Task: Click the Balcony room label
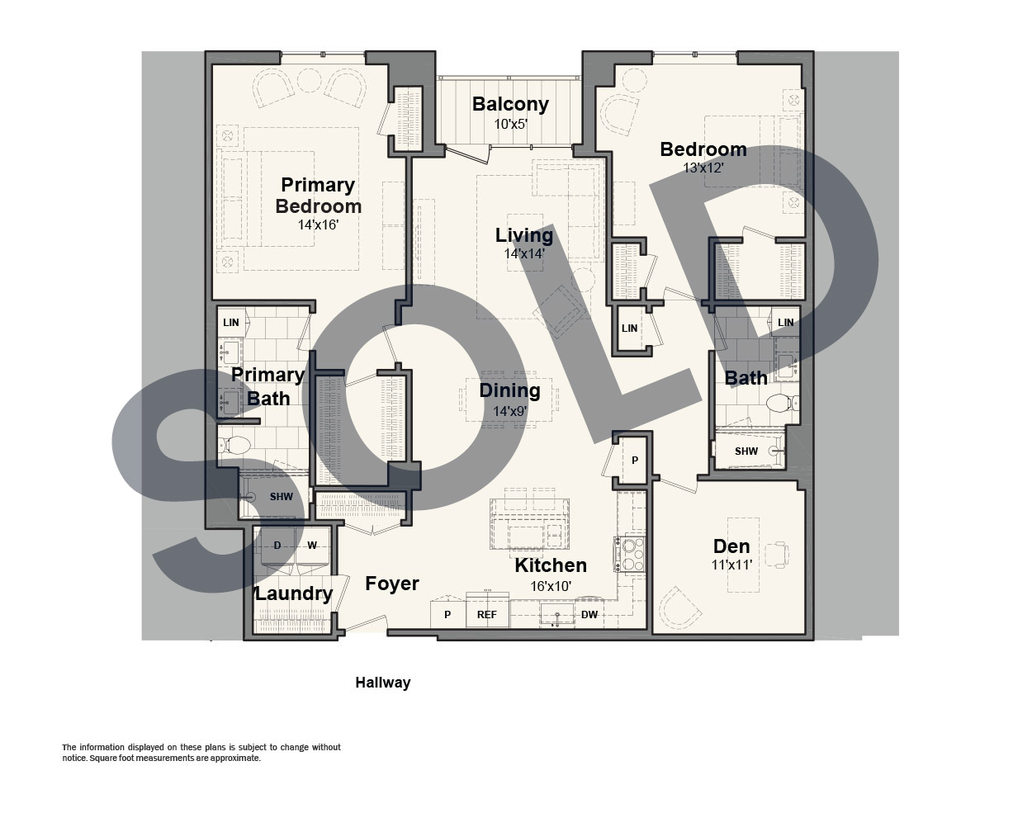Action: pyautogui.click(x=510, y=104)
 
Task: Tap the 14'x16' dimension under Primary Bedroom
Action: pyautogui.click(x=318, y=225)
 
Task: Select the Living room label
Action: pyautogui.click(x=524, y=235)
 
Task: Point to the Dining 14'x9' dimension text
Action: pyautogui.click(x=509, y=411)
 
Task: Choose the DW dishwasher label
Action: pyautogui.click(x=589, y=615)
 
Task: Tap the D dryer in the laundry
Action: pyautogui.click(x=277, y=546)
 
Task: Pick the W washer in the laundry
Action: pyautogui.click(x=312, y=546)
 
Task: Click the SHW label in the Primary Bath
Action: pyautogui.click(x=281, y=497)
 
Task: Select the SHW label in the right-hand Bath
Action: pyautogui.click(x=746, y=451)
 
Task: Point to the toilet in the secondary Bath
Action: pyautogui.click(x=783, y=403)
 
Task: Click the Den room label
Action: pyautogui.click(x=731, y=546)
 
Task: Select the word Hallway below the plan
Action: pyautogui.click(x=383, y=683)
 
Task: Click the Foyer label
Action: pyautogui.click(x=392, y=584)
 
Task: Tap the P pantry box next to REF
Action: pyautogui.click(x=447, y=614)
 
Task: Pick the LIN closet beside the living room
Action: pyautogui.click(x=630, y=329)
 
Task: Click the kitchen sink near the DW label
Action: pyautogui.click(x=557, y=616)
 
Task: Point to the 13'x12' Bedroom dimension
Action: pyautogui.click(x=703, y=168)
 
